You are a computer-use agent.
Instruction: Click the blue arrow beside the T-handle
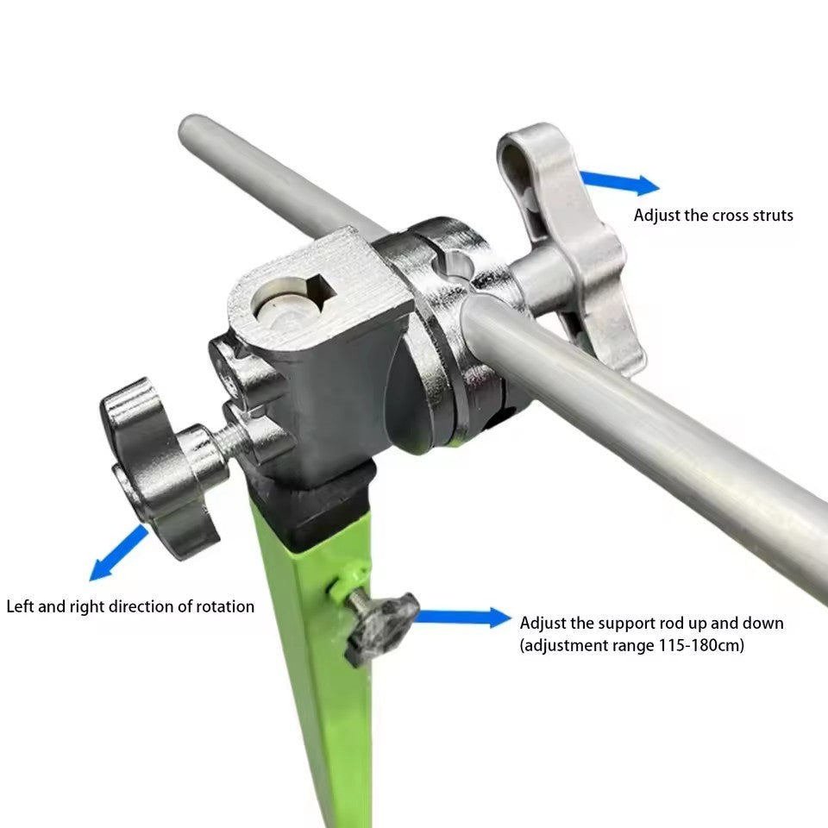pyautogui.click(x=619, y=183)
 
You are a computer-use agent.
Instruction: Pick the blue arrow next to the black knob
pyautogui.click(x=462, y=618)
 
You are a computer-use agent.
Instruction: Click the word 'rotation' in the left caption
pyautogui.click(x=225, y=606)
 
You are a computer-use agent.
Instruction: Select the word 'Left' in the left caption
pyautogui.click(x=20, y=606)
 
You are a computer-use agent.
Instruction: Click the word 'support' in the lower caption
pyautogui.click(x=618, y=624)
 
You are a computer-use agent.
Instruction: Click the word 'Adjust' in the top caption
pyautogui.click(x=656, y=216)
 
